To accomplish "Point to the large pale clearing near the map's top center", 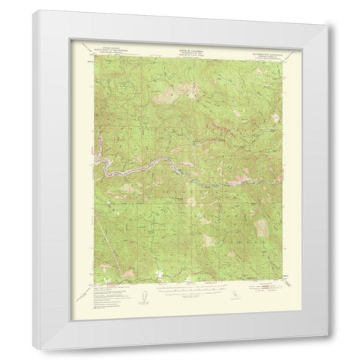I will [171, 93].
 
